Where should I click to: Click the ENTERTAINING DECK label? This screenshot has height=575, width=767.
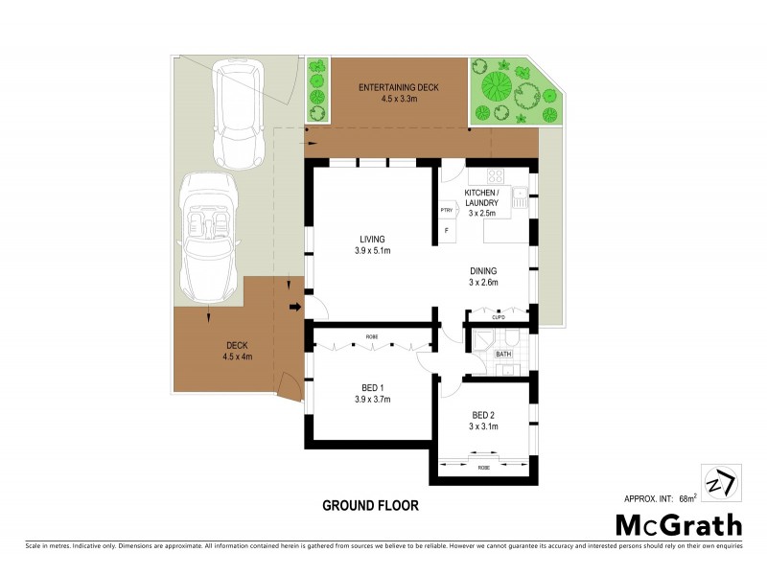tap(398, 88)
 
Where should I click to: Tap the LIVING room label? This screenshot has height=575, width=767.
tap(373, 239)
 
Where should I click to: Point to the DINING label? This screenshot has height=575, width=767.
tap(482, 270)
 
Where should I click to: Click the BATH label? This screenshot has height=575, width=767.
tap(503, 355)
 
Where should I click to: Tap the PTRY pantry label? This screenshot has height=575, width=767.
tap(446, 210)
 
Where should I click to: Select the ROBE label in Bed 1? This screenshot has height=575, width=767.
tap(371, 337)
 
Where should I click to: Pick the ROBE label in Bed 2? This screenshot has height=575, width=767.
tap(485, 469)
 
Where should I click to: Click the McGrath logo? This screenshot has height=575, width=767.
tap(678, 524)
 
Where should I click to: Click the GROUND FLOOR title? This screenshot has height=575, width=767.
tap(370, 504)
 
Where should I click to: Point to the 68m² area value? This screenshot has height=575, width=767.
tap(687, 498)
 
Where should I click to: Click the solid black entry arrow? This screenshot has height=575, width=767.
tap(294, 307)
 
